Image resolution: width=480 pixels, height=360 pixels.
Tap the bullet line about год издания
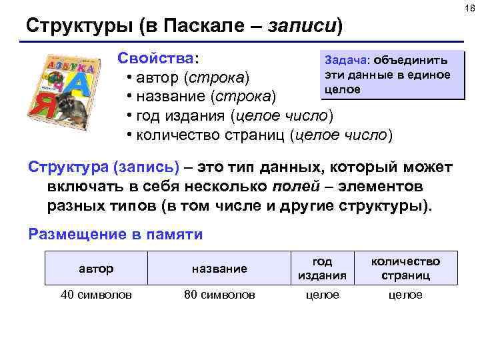tap(233, 117)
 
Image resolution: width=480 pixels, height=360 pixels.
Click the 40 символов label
tap(96, 295)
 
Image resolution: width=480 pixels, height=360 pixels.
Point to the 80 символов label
tap(219, 295)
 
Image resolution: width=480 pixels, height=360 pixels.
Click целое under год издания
tap(322, 295)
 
